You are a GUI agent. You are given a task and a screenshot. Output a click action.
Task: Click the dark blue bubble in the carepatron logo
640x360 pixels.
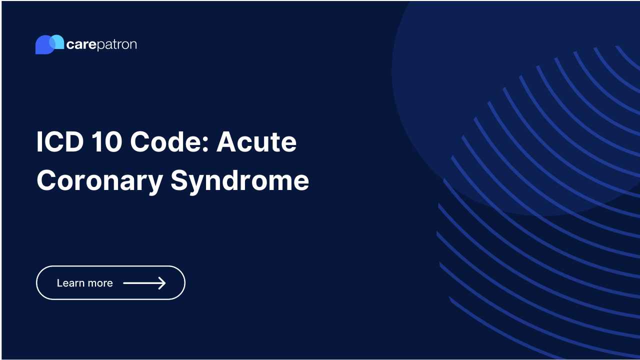42,45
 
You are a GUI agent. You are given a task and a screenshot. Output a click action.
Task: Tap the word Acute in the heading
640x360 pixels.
256,142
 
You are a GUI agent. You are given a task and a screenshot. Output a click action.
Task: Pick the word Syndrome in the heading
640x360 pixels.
239,181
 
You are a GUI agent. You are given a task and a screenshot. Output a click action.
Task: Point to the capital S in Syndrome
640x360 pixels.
179,180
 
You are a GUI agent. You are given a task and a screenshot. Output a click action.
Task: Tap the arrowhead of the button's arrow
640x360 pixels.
162,283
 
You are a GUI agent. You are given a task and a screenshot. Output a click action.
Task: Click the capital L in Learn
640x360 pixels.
59,283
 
